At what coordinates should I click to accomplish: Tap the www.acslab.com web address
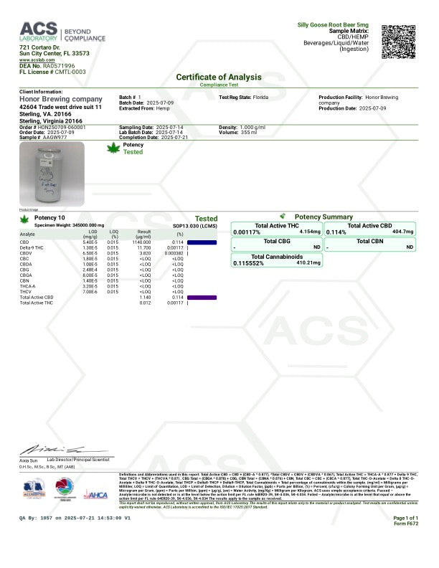point(34,60)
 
